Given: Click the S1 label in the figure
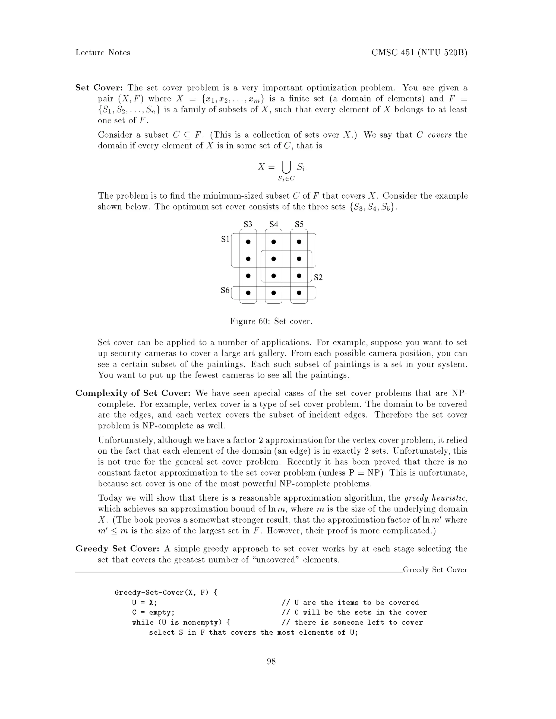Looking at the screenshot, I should point(225,239).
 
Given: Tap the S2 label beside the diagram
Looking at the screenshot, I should point(318,278).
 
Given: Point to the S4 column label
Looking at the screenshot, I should point(274,225).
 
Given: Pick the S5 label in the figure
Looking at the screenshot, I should point(299,225).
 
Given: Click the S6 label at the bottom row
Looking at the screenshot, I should point(225,290).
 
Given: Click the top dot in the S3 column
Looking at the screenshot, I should point(248,242).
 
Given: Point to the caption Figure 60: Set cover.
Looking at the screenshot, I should point(271,321).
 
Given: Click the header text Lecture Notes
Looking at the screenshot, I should point(103,53).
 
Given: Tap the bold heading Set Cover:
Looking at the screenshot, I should point(99,88).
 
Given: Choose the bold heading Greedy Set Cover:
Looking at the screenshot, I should point(118,549).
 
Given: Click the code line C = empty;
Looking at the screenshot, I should point(153,613).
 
